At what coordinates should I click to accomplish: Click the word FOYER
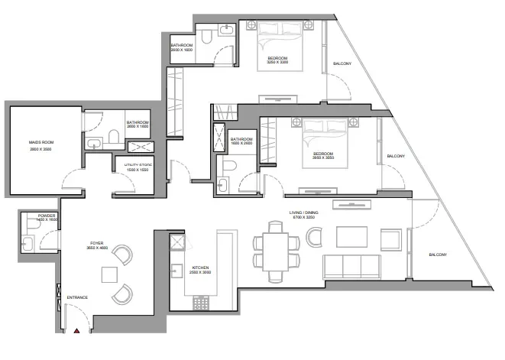[98, 242]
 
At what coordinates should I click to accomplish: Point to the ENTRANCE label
[78, 297]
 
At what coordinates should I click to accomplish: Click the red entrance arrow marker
[77, 332]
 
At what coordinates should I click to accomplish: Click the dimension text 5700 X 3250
[303, 218]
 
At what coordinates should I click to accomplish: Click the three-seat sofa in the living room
[351, 267]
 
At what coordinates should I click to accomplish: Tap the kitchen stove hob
[202, 303]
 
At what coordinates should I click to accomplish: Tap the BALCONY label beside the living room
[438, 255]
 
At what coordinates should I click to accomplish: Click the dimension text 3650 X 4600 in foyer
[98, 248]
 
